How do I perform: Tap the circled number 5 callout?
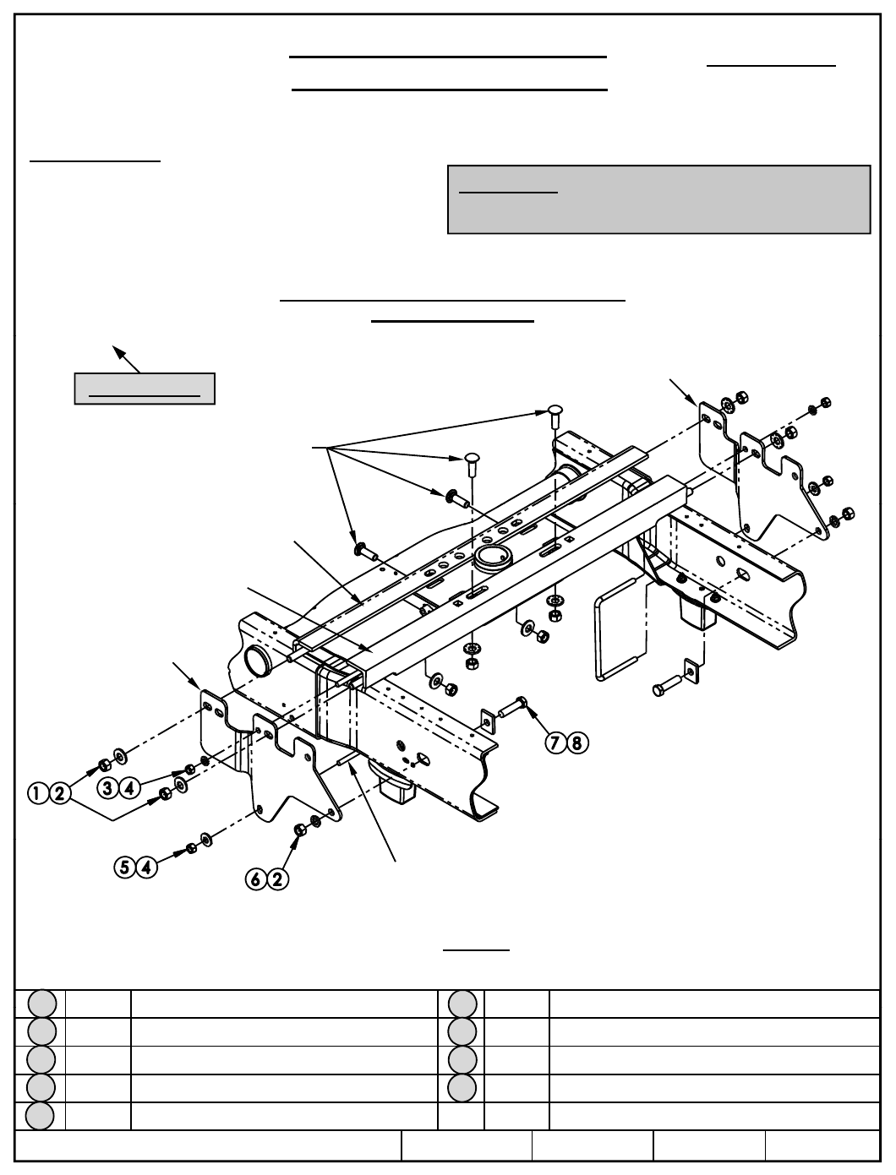(126, 867)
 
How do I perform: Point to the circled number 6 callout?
(256, 879)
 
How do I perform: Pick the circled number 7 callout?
(556, 743)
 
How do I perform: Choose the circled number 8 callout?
(576, 743)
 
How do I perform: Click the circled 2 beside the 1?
(58, 793)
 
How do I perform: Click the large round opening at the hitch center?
(491, 557)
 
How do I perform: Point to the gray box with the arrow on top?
(145, 388)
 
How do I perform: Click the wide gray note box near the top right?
(658, 199)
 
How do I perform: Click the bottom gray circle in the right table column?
(462, 1087)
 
